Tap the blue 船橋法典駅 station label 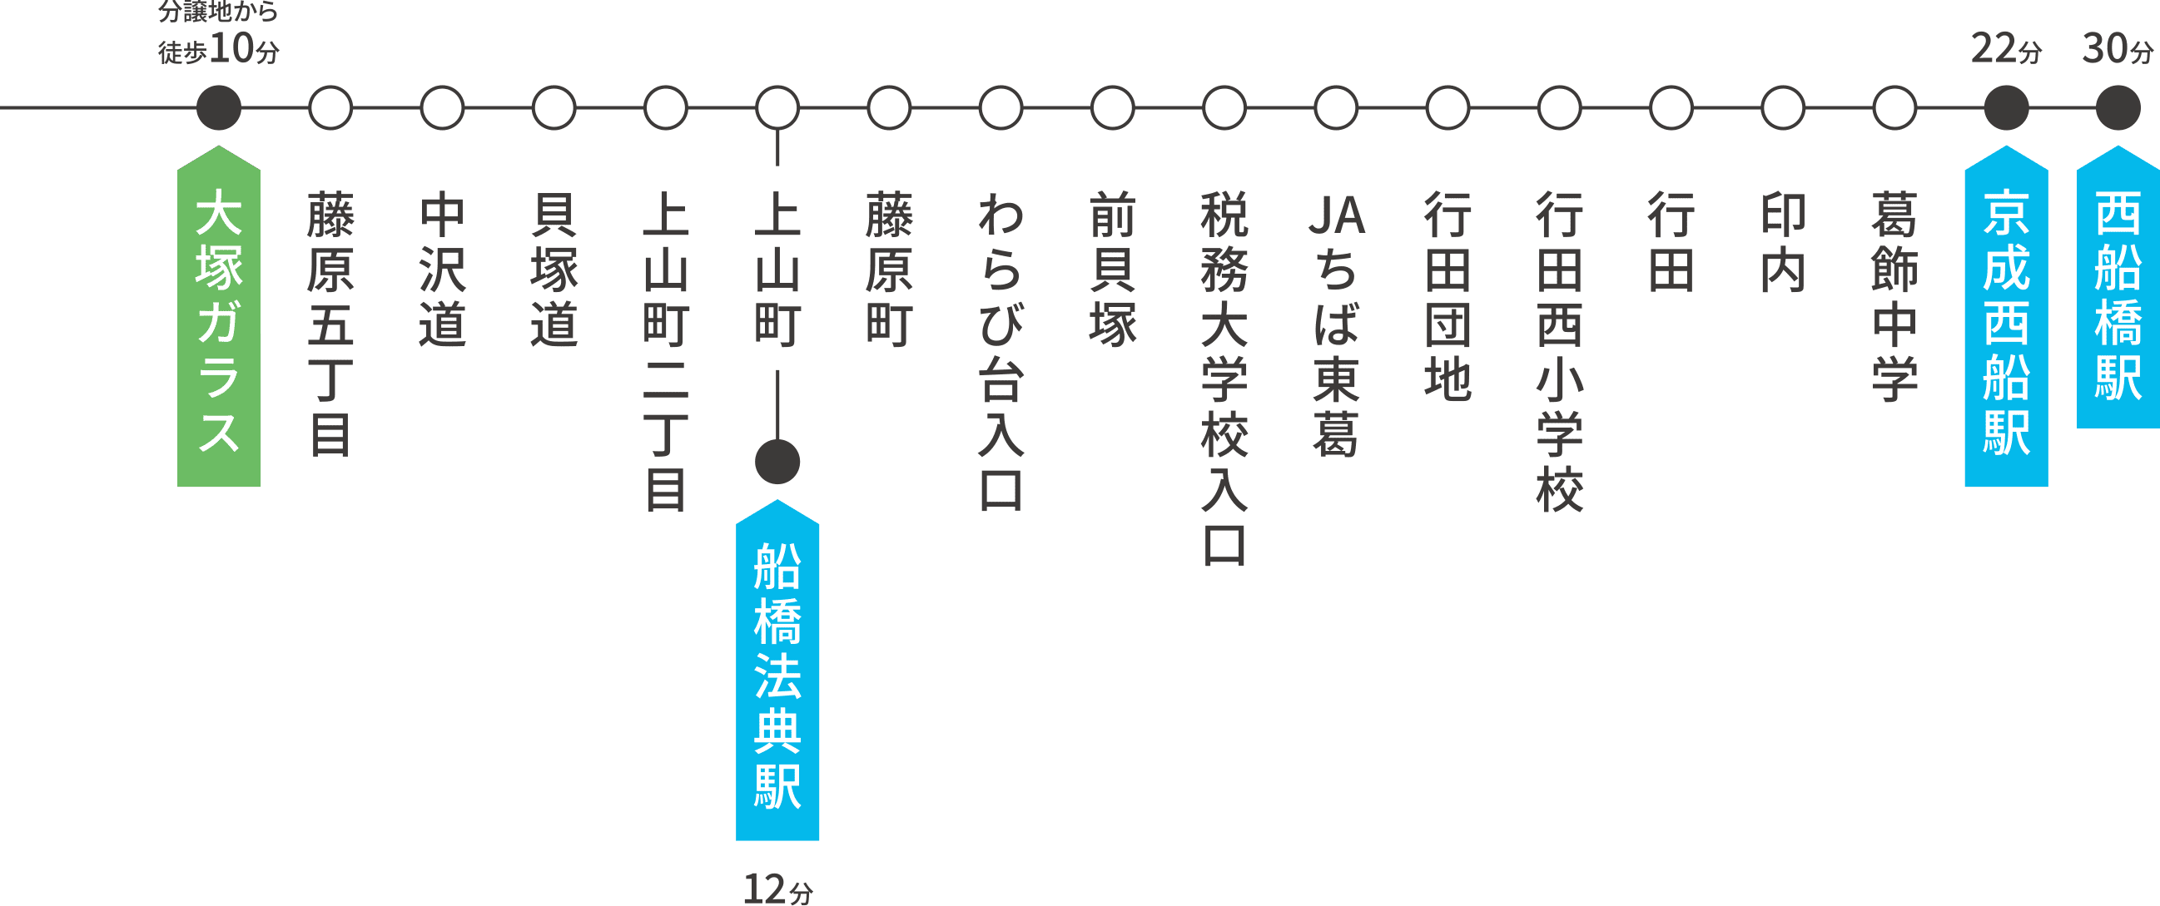(777, 671)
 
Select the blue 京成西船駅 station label (2007, 317)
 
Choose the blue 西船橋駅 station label (2118, 288)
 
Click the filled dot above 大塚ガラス (219, 108)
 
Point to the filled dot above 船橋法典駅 (777, 462)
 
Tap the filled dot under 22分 (2007, 108)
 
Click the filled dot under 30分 (2118, 108)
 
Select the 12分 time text (778, 889)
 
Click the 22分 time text (2007, 48)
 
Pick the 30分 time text (2118, 48)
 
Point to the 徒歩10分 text (219, 48)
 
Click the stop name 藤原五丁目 (330, 324)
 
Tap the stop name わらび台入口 (1001, 351)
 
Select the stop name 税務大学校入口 (1224, 378)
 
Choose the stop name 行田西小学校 (1560, 351)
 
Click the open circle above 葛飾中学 (1895, 108)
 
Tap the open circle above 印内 (1783, 108)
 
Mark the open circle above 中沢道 (442, 108)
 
